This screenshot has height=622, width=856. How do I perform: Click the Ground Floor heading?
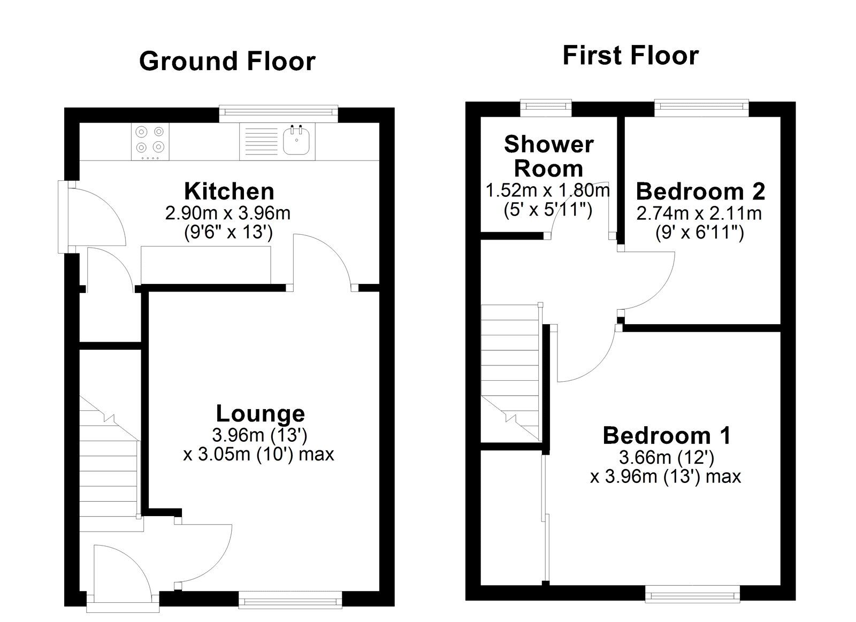click(227, 62)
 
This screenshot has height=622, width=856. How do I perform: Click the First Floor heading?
click(631, 56)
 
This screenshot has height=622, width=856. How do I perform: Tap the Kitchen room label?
click(230, 191)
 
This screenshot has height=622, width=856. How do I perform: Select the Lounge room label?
click(261, 414)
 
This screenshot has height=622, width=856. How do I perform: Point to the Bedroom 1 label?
click(667, 436)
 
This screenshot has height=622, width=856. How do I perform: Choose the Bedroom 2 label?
click(700, 191)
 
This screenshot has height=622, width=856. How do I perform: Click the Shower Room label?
click(549, 156)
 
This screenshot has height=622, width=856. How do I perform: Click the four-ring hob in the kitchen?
click(150, 141)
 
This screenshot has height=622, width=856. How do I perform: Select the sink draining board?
click(261, 141)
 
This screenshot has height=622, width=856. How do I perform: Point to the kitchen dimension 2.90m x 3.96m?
click(228, 213)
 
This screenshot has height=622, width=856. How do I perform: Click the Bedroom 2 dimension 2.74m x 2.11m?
click(699, 213)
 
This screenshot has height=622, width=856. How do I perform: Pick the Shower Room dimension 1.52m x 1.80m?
click(548, 190)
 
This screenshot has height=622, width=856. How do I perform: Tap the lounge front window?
click(291, 600)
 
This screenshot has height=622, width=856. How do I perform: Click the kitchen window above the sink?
click(279, 113)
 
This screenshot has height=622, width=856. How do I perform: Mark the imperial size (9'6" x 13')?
click(228, 232)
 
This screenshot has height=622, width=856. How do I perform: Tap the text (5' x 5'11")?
click(548, 210)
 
